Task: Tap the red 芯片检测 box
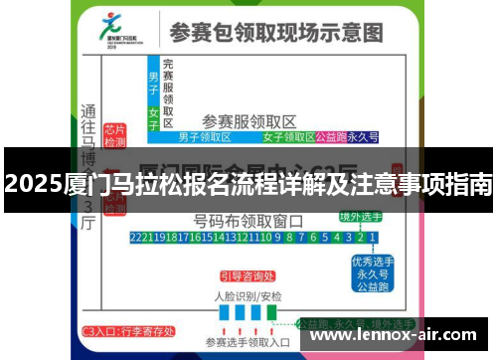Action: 114,135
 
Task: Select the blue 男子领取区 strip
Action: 204,137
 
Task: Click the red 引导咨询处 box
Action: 248,276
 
